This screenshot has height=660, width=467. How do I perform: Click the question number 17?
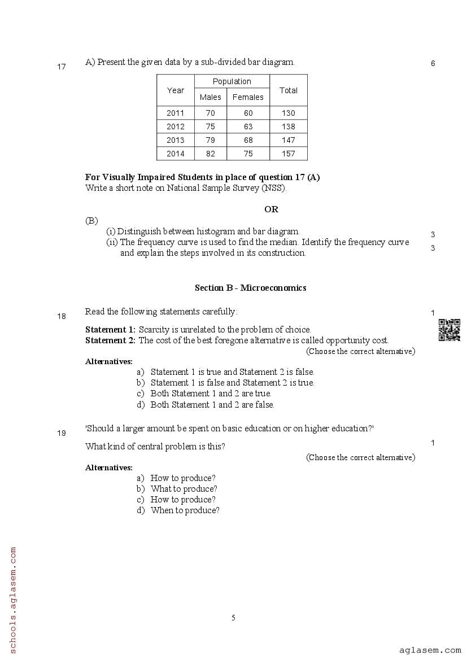(x=62, y=67)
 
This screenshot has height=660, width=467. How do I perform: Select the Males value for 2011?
(x=210, y=113)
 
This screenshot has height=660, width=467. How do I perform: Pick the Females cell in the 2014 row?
(x=248, y=154)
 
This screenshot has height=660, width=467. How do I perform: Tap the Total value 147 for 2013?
(x=288, y=140)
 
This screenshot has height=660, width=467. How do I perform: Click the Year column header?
(x=175, y=90)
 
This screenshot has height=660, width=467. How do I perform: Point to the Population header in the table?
(x=232, y=81)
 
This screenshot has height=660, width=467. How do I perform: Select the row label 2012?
(x=175, y=126)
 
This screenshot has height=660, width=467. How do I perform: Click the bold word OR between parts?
(x=271, y=209)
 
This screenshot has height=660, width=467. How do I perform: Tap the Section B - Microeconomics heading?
(x=250, y=288)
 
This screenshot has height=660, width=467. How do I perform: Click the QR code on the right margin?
(x=449, y=330)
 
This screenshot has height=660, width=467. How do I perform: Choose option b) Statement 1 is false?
(x=226, y=383)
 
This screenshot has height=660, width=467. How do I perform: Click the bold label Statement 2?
(x=110, y=340)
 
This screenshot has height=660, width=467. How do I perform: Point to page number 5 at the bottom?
(x=233, y=618)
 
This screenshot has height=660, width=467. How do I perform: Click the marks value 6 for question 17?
(x=433, y=64)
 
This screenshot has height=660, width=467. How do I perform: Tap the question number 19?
(x=62, y=434)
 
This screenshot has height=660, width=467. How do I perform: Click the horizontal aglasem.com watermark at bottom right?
(x=430, y=650)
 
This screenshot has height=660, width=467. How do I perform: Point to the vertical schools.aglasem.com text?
(x=13, y=598)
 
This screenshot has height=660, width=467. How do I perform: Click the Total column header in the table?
(x=288, y=90)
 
